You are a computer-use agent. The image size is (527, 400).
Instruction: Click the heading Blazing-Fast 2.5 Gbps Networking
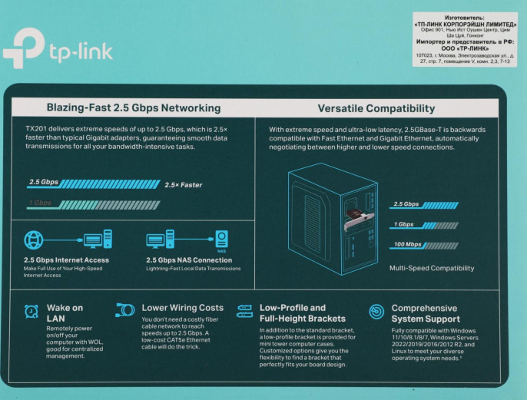coord(134,108)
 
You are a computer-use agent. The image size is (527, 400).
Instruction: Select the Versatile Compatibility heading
coord(376,108)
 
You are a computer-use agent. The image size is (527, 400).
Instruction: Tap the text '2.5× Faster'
coord(183,184)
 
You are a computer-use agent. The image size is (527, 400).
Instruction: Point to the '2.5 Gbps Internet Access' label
coord(66,260)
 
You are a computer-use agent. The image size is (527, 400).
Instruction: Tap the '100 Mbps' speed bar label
coord(407,245)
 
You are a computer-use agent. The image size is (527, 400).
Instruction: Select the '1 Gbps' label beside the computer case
coord(404,225)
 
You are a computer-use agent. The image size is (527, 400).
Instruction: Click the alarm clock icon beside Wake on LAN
coord(31,311)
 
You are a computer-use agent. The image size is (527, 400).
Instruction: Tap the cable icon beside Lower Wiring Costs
coord(124,309)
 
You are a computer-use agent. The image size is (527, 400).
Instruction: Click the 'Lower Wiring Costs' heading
coord(183,307)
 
